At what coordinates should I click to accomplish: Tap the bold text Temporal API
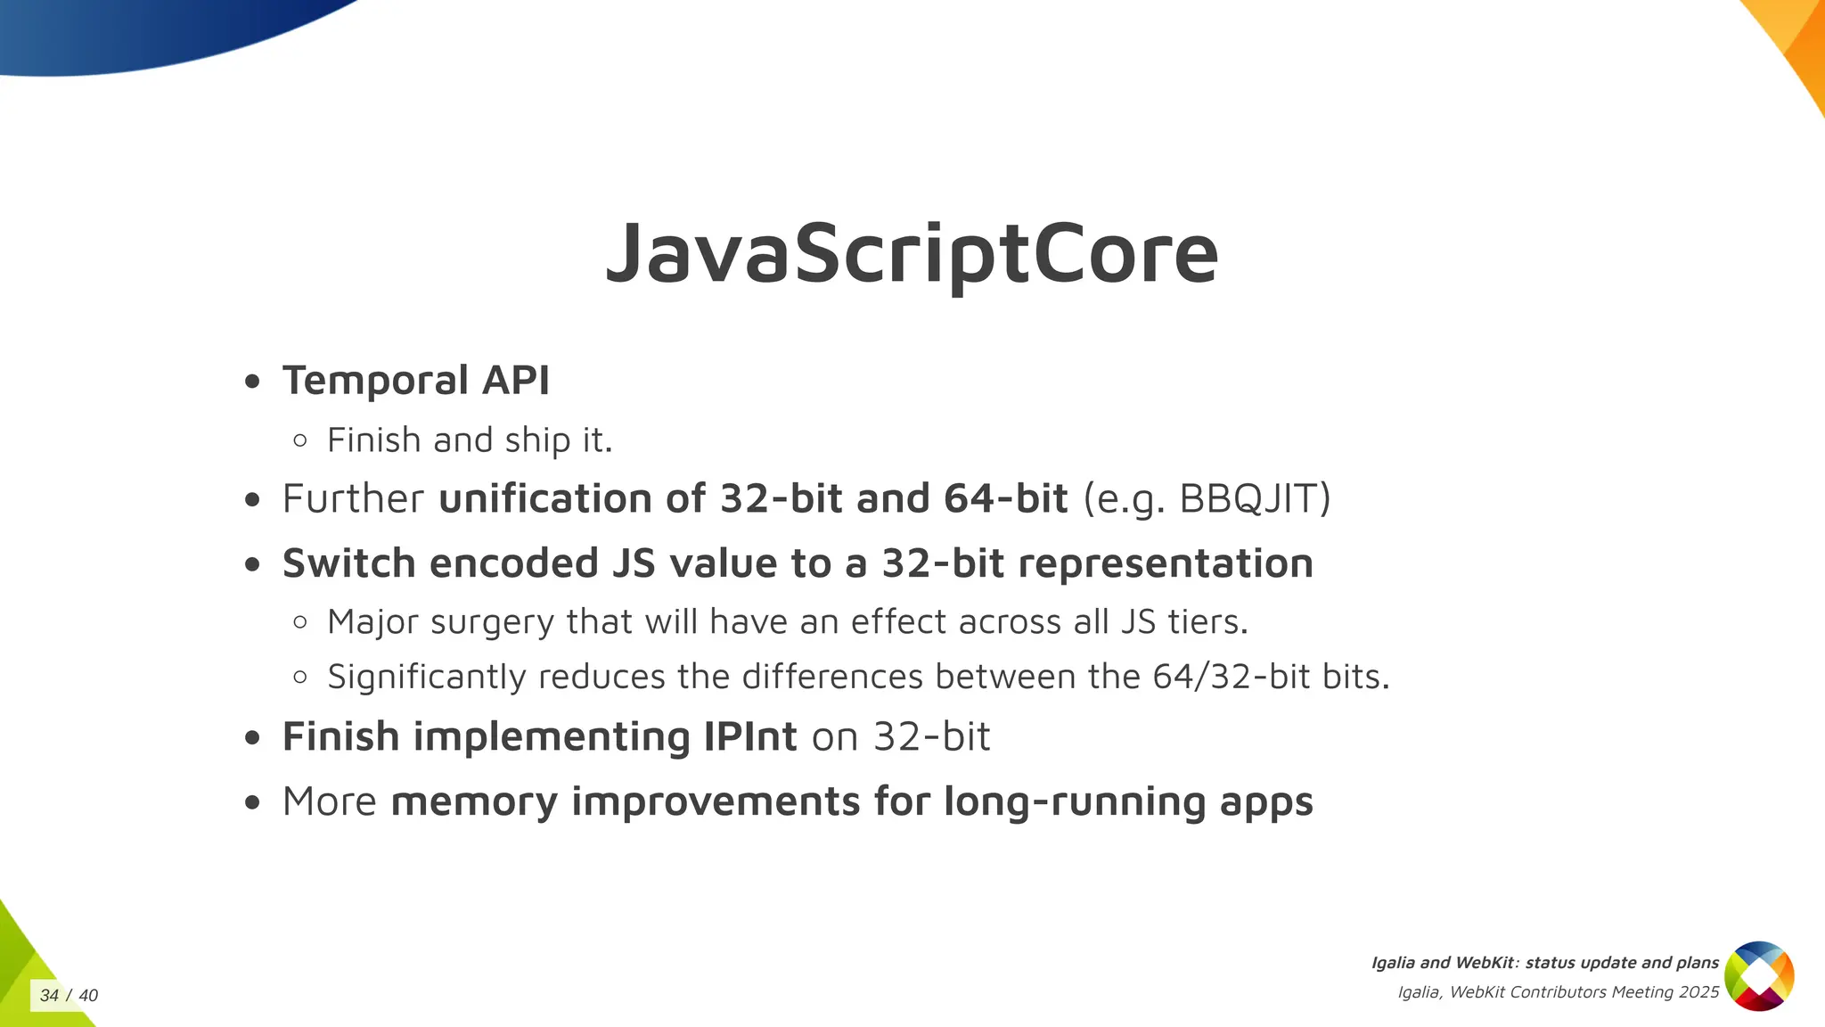point(415,381)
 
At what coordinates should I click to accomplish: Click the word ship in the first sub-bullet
point(537,440)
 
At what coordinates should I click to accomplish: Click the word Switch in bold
point(348,563)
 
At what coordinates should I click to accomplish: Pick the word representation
point(1165,563)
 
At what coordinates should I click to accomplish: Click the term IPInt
point(749,736)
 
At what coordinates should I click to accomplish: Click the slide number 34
point(49,996)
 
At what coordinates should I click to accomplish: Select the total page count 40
point(88,996)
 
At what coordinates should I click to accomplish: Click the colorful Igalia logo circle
point(1759,976)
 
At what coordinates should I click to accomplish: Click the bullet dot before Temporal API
point(252,382)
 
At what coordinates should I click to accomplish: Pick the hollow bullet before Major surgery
point(300,622)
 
